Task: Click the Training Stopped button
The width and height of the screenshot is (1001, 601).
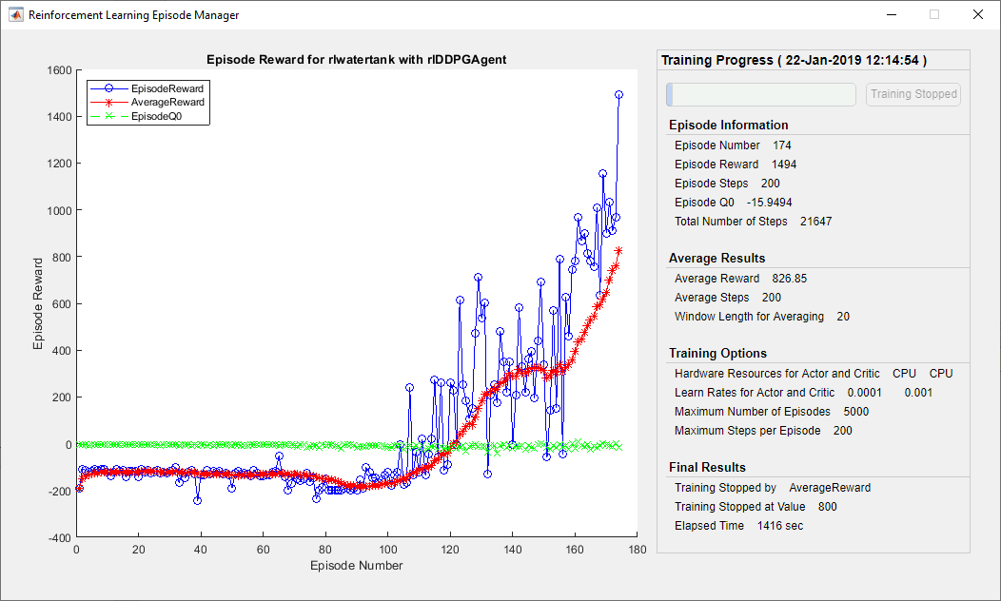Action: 913,94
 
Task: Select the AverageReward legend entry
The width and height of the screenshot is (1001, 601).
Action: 167,102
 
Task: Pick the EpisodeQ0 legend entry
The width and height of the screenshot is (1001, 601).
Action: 159,116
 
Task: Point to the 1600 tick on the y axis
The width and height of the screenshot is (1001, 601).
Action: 59,70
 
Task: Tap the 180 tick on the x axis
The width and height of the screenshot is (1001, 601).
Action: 638,550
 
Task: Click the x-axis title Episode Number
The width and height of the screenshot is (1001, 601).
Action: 357,566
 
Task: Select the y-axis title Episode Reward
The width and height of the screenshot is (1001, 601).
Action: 38,303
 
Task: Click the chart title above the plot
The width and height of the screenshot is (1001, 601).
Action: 356,59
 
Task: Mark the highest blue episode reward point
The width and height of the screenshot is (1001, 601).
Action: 618,95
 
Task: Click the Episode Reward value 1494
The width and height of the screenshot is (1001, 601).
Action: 784,165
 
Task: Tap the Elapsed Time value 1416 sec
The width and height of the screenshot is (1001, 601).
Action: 780,526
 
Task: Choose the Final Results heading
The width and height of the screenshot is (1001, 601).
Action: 708,467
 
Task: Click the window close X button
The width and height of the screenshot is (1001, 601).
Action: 977,15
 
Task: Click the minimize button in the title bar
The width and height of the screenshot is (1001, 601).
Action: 891,15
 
